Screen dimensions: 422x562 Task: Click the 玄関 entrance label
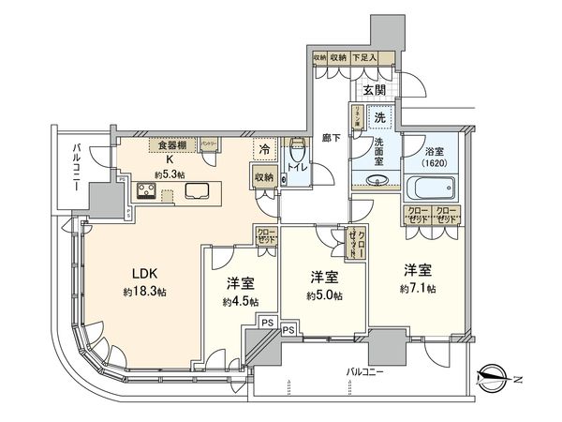[x=375, y=90]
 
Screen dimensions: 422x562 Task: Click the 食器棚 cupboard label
[x=170, y=144]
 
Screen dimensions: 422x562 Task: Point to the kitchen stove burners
[x=148, y=192]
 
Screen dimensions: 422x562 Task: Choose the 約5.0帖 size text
[x=323, y=295]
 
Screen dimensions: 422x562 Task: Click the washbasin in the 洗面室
[x=375, y=182]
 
